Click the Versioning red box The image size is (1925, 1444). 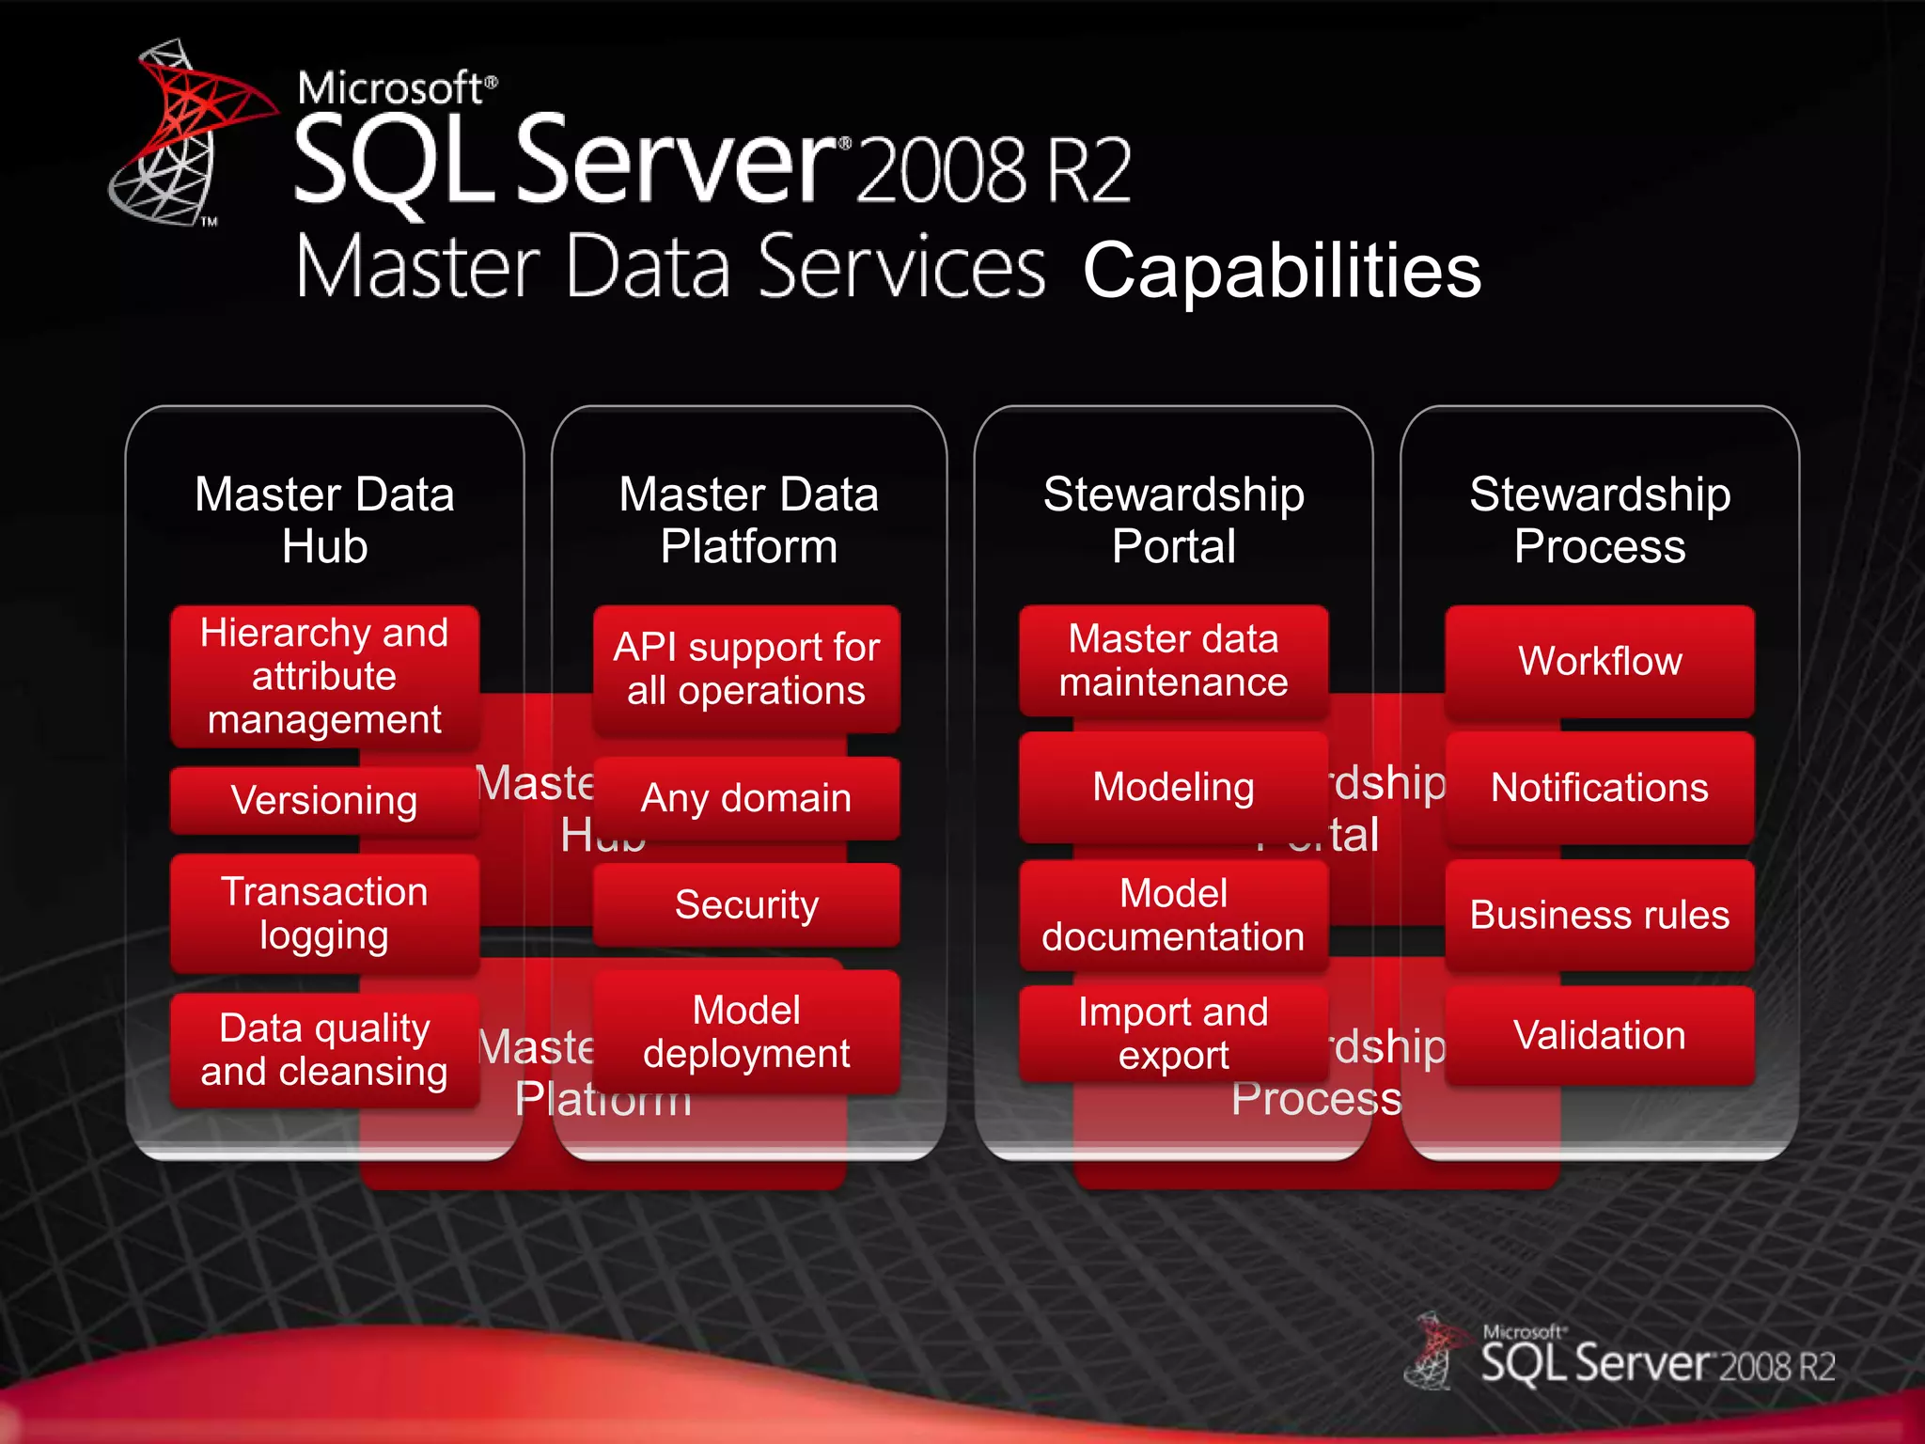pos(324,801)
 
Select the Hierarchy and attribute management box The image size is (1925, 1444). pos(324,676)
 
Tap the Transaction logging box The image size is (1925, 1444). pos(324,913)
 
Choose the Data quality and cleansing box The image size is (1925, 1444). pos(324,1049)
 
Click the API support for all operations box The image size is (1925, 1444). pos(746,668)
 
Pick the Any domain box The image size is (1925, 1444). pos(746,798)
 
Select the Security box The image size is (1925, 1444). pos(746,904)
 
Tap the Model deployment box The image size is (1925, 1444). pos(746,1031)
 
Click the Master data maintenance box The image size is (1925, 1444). pos(1173,660)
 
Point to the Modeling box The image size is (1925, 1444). pos(1173,787)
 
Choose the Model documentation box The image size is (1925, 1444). pos(1173,915)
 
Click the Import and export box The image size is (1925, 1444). pos(1173,1033)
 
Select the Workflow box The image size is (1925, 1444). pos(1600,661)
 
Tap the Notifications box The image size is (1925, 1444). pos(1600,788)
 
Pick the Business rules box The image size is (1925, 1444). pos(1600,915)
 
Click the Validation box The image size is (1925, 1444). pos(1600,1035)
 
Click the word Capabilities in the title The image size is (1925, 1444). pos(1282,271)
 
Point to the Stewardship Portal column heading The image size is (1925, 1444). pos(1173,520)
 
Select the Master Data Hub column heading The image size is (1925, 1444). pos(324,520)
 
